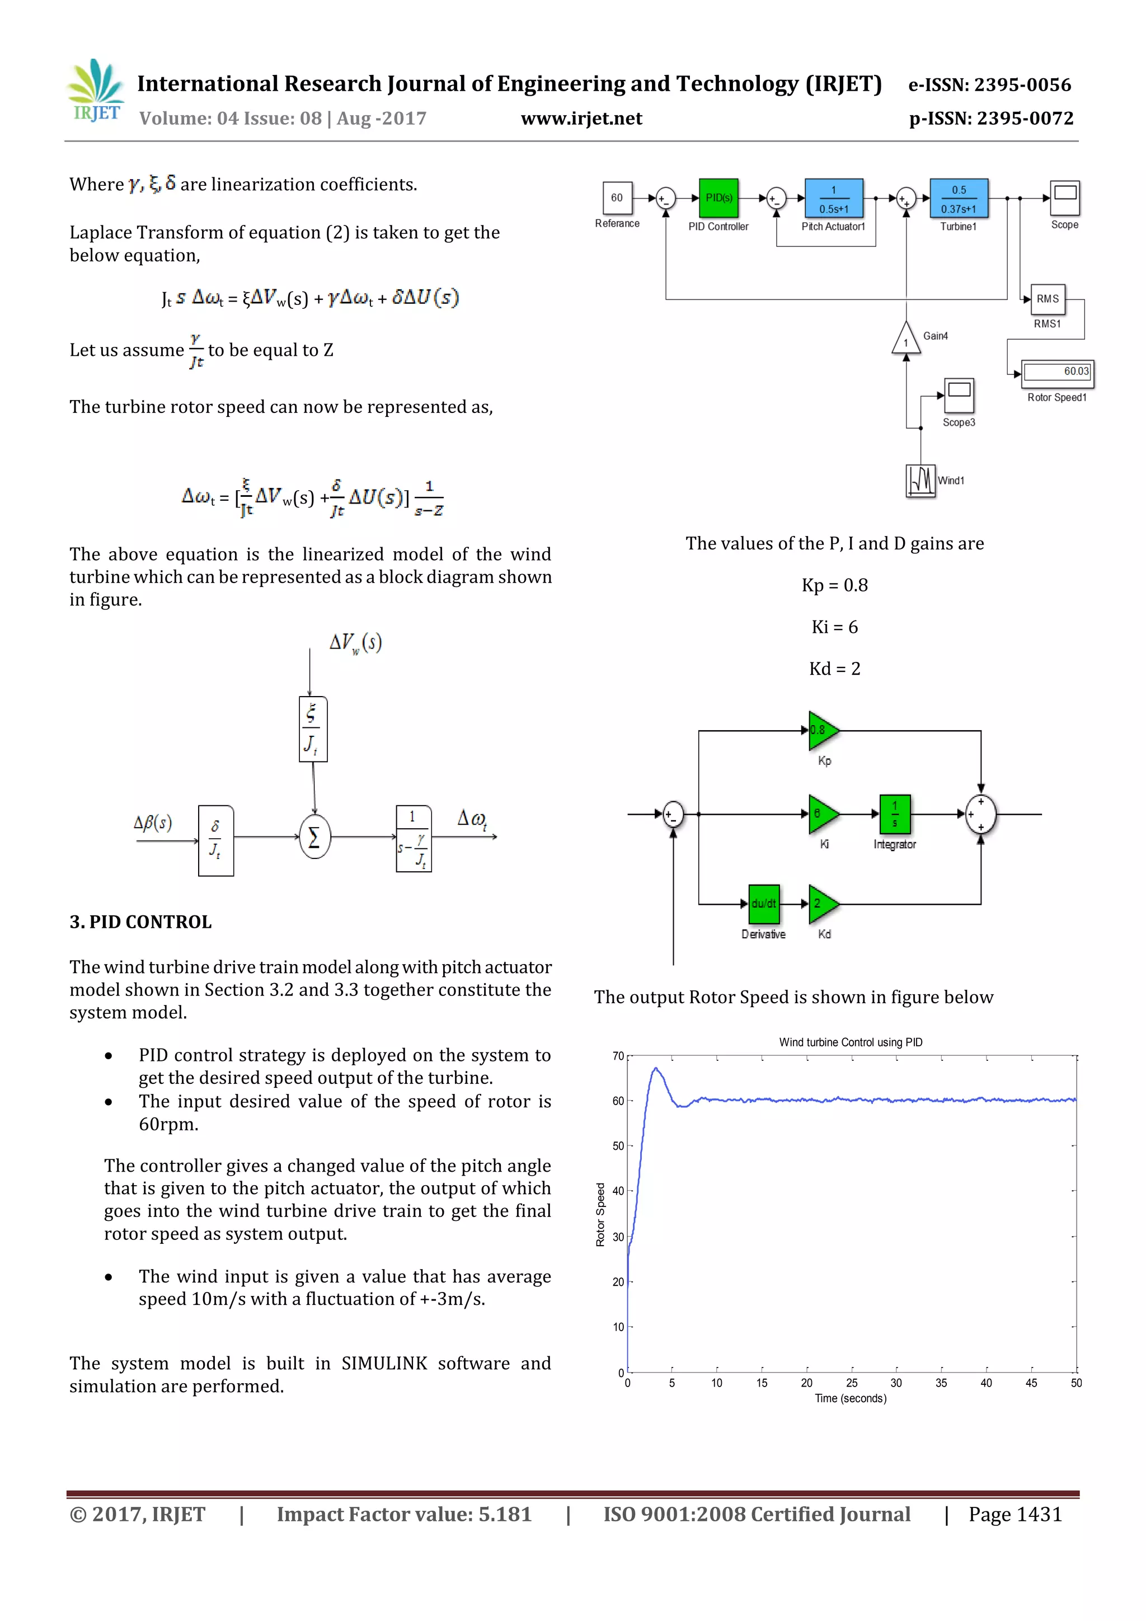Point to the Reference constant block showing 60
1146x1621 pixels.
[617, 198]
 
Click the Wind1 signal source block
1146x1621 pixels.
[920, 481]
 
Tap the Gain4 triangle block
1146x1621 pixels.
[905, 340]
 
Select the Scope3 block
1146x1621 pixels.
[959, 394]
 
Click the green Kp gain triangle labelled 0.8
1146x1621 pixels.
[823, 730]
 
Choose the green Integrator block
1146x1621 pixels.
[895, 814]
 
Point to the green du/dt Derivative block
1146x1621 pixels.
[763, 904]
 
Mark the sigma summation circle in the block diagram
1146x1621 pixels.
[314, 837]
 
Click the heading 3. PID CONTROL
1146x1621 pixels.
[140, 922]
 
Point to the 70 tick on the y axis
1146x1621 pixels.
[618, 1056]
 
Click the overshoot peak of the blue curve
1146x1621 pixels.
[656, 1068]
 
